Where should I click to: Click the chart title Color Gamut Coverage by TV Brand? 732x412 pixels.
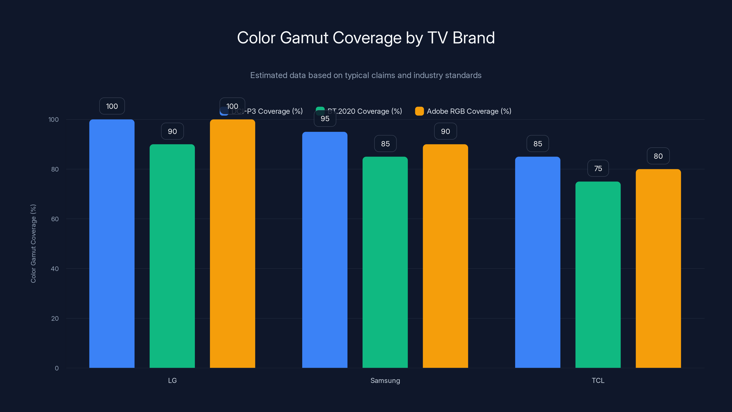366,38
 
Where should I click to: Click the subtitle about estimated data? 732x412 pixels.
366,75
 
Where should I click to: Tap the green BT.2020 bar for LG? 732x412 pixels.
172,256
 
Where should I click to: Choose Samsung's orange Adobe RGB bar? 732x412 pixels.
445,256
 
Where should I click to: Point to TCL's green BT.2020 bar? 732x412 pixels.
598,275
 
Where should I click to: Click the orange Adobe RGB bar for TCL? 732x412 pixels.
658,268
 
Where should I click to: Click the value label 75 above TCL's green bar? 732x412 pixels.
598,168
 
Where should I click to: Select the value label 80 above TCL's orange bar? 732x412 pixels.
658,156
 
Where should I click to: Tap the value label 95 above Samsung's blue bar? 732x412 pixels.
325,119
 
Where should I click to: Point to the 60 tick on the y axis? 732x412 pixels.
55,219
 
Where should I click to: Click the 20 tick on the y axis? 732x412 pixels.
55,318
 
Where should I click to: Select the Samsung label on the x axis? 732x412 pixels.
385,380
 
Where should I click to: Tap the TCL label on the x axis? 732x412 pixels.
598,380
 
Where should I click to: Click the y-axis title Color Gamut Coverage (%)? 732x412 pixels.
33,243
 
